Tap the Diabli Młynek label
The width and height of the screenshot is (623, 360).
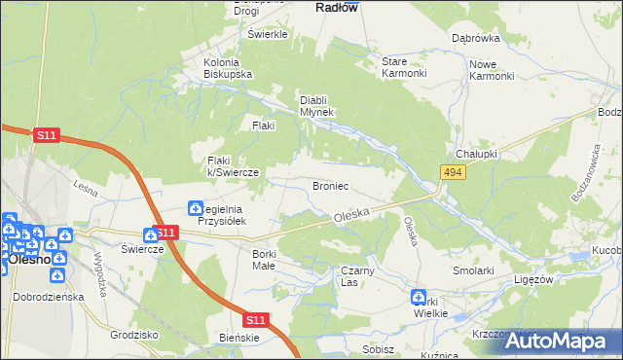[x=317, y=105]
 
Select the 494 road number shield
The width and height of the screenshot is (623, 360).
[x=451, y=172]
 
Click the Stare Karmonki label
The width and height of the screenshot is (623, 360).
[x=404, y=67]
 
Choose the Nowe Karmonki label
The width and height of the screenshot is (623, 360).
[x=491, y=70]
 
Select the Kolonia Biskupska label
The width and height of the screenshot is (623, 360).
[x=228, y=68]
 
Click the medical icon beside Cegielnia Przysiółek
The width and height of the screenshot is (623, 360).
[x=196, y=208]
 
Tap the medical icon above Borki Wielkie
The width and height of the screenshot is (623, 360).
[x=419, y=297]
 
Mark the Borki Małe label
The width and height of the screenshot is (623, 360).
[x=258, y=259]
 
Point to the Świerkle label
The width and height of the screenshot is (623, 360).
[x=269, y=34]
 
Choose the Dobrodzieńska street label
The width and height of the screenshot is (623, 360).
[x=47, y=297]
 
